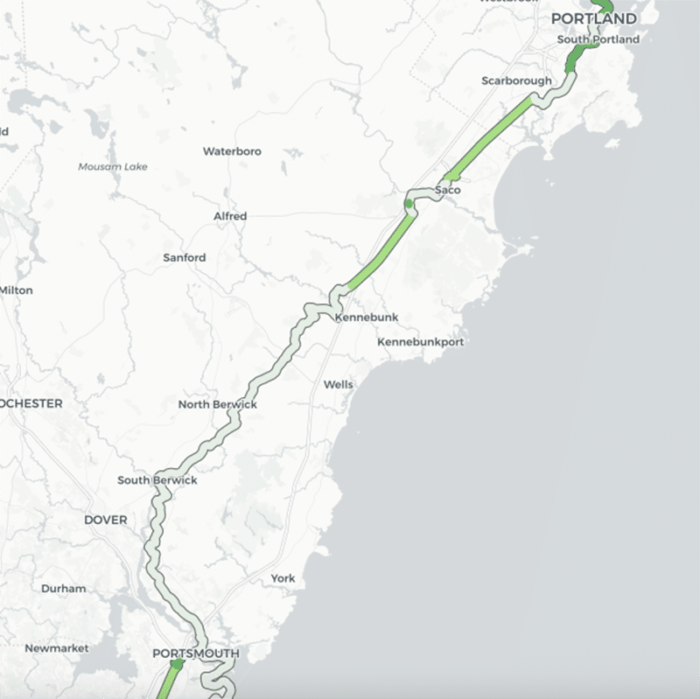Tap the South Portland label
(x=598, y=39)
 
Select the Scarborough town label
(x=516, y=81)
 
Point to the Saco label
(x=447, y=190)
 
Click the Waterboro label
(x=232, y=151)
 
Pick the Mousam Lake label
(x=113, y=167)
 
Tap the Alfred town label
(x=230, y=216)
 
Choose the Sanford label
(x=185, y=258)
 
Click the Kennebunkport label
(x=420, y=342)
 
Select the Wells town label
(x=339, y=385)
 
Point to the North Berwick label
(x=217, y=405)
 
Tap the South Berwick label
(x=157, y=480)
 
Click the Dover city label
(x=106, y=521)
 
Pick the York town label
(x=283, y=579)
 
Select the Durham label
(x=63, y=589)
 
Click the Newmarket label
(x=57, y=648)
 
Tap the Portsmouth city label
(x=195, y=654)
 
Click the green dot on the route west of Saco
(x=408, y=204)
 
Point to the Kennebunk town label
(x=360, y=318)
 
